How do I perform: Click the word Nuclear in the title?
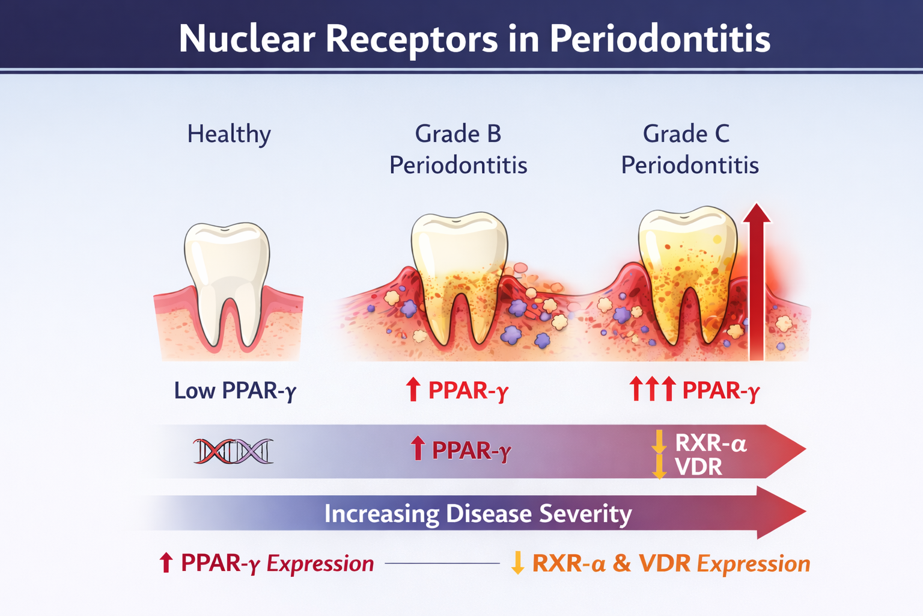pyautogui.click(x=247, y=38)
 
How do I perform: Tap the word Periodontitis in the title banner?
pyautogui.click(x=660, y=38)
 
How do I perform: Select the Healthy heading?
pyautogui.click(x=229, y=135)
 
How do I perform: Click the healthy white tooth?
pyautogui.click(x=227, y=283)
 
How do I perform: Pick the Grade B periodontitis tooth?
pyautogui.click(x=459, y=277)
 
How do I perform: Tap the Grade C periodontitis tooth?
pyautogui.click(x=687, y=274)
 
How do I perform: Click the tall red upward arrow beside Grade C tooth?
pyautogui.click(x=757, y=282)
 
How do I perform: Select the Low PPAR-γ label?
pyautogui.click(x=235, y=390)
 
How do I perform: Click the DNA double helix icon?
pyautogui.click(x=233, y=451)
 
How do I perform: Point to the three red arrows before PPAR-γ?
pyautogui.click(x=653, y=389)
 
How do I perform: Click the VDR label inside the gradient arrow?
pyautogui.click(x=698, y=467)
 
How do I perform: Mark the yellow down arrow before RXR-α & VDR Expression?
pyautogui.click(x=517, y=562)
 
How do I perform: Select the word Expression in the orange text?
pyautogui.click(x=753, y=564)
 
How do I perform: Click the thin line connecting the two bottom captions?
pyautogui.click(x=442, y=563)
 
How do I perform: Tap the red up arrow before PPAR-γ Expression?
pyautogui.click(x=166, y=562)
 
